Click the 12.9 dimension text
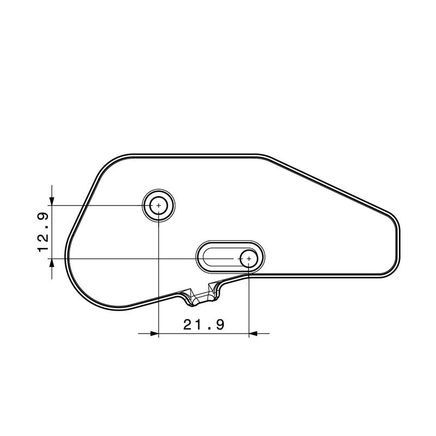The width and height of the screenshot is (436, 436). coord(43,232)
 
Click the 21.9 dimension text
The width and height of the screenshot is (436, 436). coord(203,324)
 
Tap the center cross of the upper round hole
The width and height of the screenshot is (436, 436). coord(159,205)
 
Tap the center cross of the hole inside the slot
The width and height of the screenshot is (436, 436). coord(249,258)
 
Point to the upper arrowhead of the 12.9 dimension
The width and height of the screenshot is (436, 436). coord(52,201)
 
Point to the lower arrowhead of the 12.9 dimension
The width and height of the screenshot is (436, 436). coord(52,263)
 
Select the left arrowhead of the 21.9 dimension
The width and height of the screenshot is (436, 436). coord(154,333)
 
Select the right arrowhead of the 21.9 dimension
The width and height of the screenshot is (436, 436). coord(253,333)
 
